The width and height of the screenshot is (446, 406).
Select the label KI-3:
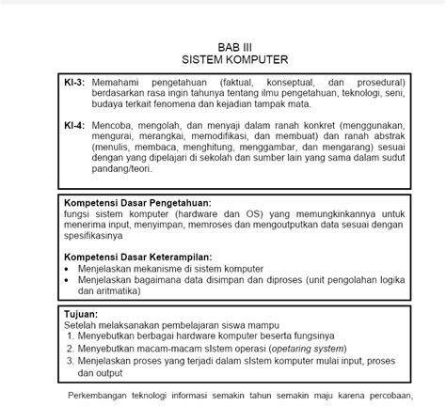(x=74, y=82)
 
